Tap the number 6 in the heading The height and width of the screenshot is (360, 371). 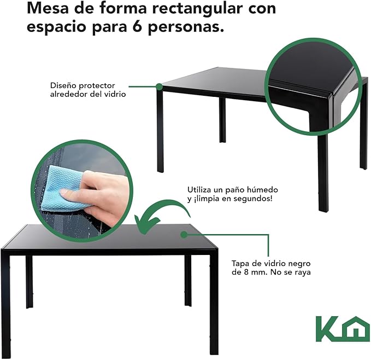137,26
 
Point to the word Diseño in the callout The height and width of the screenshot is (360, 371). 62,85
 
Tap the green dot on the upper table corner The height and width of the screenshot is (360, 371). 160,86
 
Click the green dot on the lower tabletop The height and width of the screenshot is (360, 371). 184,235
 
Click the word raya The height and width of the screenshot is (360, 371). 303,272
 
